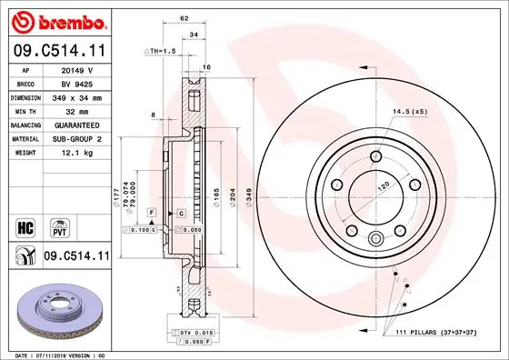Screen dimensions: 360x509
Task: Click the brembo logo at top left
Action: coord(56,20)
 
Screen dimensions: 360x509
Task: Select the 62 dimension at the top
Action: coord(184,18)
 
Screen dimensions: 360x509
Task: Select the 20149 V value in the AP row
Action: coord(77,68)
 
